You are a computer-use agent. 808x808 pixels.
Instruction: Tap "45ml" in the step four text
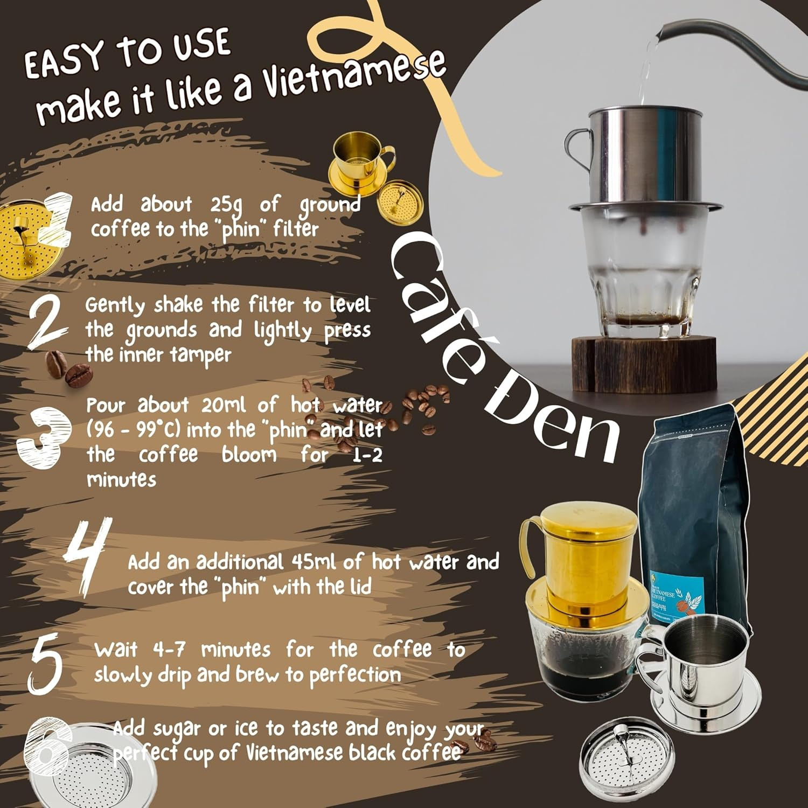pyautogui.click(x=315, y=562)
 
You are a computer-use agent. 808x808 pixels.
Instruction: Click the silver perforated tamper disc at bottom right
pyautogui.click(x=628, y=760)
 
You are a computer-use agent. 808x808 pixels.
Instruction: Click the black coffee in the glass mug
pyautogui.click(x=576, y=671)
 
